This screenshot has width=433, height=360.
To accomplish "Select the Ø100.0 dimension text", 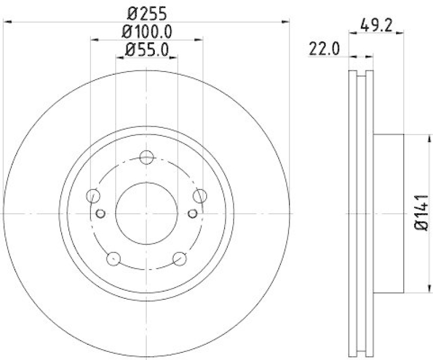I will coord(147,31).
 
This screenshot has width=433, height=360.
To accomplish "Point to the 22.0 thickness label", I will coord(324,50).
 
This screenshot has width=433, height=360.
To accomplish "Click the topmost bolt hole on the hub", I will coord(147,158).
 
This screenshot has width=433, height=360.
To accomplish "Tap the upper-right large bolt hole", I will coord(200,195).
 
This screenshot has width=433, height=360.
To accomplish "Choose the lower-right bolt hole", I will coord(180,258).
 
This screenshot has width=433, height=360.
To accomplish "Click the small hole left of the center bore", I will coord(100,213).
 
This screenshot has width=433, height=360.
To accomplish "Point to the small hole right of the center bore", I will coord(193,213).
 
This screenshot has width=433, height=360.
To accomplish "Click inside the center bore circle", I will coord(147,213).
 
